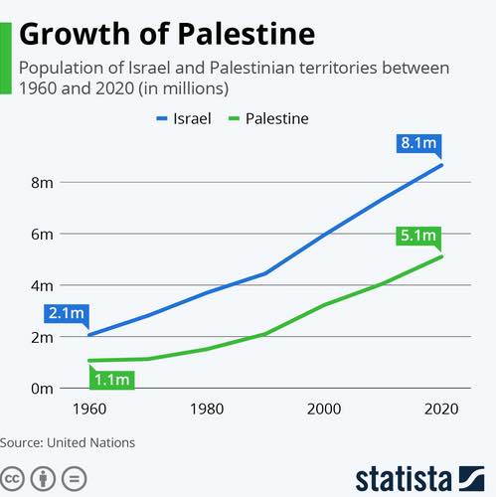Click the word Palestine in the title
point(247,35)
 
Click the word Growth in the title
point(75,35)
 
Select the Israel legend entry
point(184,118)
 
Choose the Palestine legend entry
point(268,118)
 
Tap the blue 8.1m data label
point(418,143)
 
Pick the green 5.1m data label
point(418,236)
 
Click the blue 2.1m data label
point(67,313)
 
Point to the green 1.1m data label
point(112,380)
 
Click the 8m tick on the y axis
point(42,183)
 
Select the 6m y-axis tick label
point(42,235)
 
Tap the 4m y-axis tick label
point(42,286)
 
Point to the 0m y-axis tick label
point(42,389)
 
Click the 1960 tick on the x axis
point(89,410)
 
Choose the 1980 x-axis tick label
point(207,410)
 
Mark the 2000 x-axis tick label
point(324,410)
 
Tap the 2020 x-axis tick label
point(441,410)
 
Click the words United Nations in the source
point(91,443)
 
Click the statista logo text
point(404,479)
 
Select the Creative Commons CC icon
point(12,479)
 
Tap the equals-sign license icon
point(75,479)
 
